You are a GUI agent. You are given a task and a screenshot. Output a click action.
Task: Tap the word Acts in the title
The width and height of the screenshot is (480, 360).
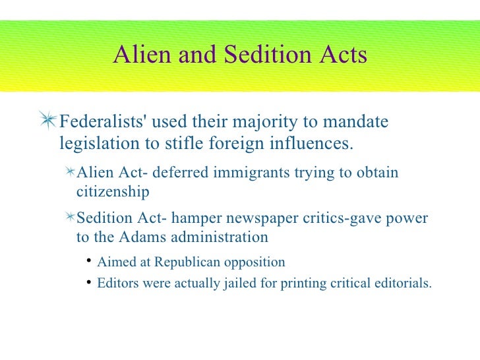pyautogui.click(x=340, y=55)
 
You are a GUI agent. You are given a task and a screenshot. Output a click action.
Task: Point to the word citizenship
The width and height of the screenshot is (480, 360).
pyautogui.click(x=113, y=192)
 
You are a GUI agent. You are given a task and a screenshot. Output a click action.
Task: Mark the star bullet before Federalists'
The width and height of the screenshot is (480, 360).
pyautogui.click(x=47, y=121)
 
